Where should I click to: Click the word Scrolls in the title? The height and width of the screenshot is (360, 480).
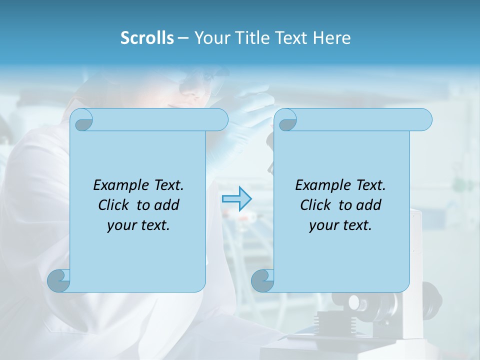tap(147, 38)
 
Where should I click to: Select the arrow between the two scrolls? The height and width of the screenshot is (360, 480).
tap(236, 199)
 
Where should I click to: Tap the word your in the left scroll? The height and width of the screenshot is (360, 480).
tap(119, 225)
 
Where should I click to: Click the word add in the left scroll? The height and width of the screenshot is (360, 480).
tap(167, 205)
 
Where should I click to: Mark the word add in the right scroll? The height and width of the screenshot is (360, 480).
tap(369, 205)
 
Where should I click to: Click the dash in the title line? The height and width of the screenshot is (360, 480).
tap(183, 38)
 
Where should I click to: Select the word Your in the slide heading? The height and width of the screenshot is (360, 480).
tap(210, 38)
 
